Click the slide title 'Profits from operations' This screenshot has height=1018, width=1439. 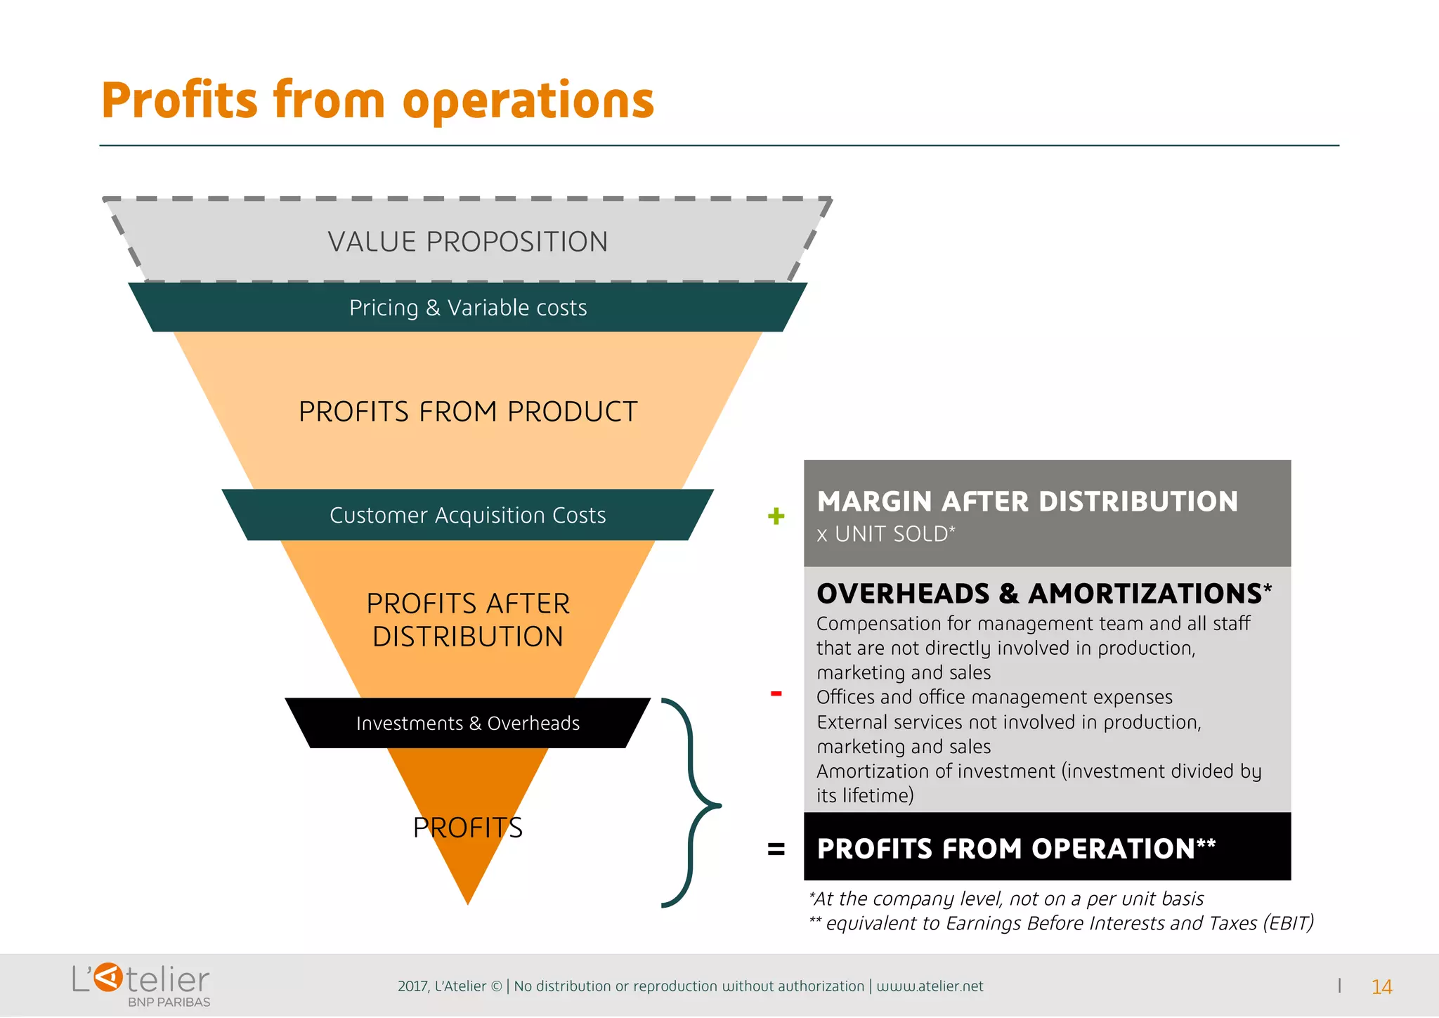pos(378,101)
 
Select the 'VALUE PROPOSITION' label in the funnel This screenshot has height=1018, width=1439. pos(467,242)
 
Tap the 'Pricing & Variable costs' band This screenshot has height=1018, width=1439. pos(468,308)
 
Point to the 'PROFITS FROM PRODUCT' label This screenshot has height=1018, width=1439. pos(468,412)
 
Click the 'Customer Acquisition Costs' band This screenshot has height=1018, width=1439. pos(468,515)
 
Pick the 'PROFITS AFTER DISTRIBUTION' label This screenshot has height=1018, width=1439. pos(468,620)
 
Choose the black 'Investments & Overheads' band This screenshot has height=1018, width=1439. pos(468,723)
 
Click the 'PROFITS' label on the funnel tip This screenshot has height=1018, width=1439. pos(468,828)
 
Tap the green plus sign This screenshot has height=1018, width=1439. pos(776,516)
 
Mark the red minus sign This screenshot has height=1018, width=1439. pos(776,694)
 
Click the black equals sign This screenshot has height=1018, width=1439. pos(776,849)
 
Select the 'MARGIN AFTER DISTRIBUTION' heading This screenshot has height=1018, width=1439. pos(1027,502)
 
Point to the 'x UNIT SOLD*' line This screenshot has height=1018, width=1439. pos(885,534)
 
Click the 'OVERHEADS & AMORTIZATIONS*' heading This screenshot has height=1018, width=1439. pos(1044,594)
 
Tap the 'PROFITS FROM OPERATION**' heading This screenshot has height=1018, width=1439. pos(1016,849)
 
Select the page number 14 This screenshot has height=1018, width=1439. pos(1381,987)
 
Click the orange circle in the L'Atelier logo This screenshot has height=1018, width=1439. pos(108,977)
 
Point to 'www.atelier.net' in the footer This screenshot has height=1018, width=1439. pos(930,986)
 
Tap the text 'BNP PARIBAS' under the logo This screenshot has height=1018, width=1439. pos(169,1003)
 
